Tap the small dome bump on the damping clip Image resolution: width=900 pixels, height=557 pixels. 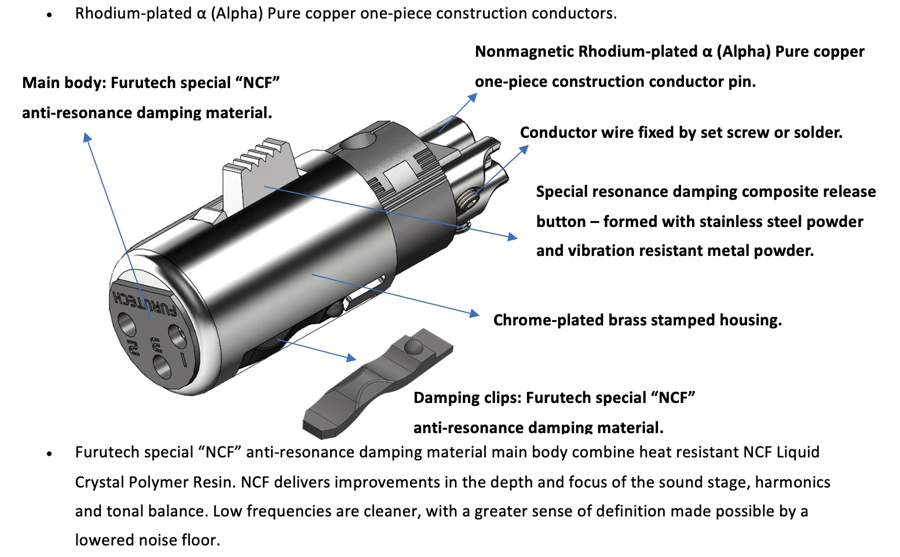(x=414, y=347)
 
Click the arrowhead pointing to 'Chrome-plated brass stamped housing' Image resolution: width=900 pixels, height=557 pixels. (x=474, y=313)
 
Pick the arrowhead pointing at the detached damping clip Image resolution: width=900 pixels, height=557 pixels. (x=351, y=357)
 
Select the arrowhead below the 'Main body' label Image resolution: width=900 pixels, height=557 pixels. (x=87, y=137)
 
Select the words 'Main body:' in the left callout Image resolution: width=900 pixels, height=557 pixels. (x=64, y=83)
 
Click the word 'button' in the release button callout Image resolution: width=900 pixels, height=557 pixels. (x=561, y=222)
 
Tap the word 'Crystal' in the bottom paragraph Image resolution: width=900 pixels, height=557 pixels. (x=99, y=482)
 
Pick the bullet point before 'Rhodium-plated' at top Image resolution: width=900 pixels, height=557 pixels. (x=49, y=15)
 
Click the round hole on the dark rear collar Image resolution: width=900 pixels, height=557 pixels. (x=357, y=142)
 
